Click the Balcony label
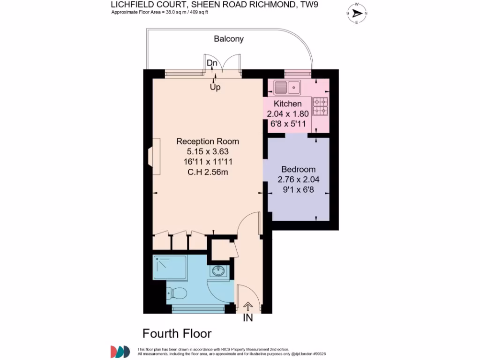229,39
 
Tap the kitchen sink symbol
287,87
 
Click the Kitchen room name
287,104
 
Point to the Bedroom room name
298,169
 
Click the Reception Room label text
208,141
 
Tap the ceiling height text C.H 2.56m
208,172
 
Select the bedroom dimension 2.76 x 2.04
298,180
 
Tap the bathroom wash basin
218,271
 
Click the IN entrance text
247,318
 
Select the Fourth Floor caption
177,334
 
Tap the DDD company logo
120,352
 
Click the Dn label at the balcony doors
212,63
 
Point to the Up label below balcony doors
215,87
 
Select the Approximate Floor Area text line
159,12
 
